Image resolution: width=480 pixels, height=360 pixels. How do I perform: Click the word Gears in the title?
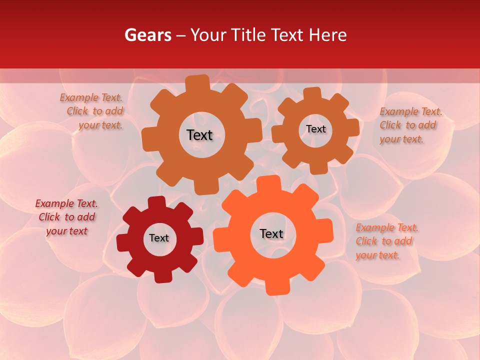[x=147, y=35]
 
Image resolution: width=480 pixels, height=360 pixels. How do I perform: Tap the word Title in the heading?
[x=249, y=35]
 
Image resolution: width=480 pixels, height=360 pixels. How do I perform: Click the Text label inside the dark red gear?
[x=159, y=238]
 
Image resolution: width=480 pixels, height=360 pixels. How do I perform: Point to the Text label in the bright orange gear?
[x=271, y=233]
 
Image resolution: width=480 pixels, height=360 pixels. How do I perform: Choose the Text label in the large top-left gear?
[x=199, y=135]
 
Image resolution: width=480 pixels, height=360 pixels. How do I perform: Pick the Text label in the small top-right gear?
[x=315, y=129]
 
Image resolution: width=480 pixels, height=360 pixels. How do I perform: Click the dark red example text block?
[x=66, y=217]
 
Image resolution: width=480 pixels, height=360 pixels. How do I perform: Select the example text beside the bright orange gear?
[x=387, y=241]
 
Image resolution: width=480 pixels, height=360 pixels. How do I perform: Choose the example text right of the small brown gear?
[x=410, y=125]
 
